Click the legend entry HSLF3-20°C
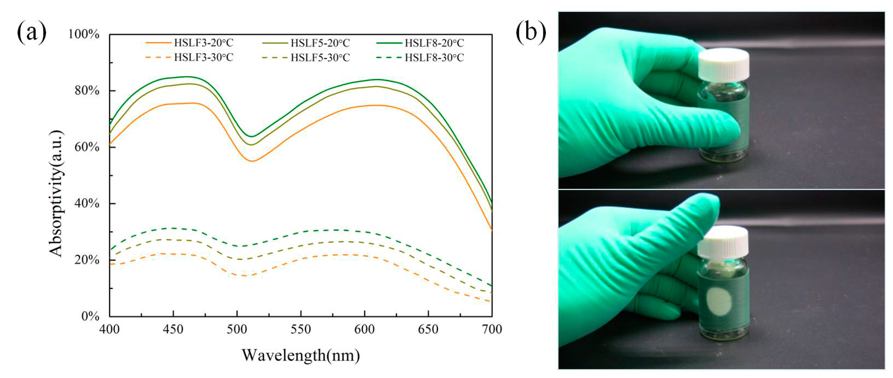204,43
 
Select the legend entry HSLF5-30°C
320,57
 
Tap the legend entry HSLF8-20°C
434,43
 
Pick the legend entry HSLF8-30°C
434,57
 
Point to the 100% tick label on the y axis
84,34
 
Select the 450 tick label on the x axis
173,329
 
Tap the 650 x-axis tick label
428,329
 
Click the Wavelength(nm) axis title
300,355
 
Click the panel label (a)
31,32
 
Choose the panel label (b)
530,32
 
